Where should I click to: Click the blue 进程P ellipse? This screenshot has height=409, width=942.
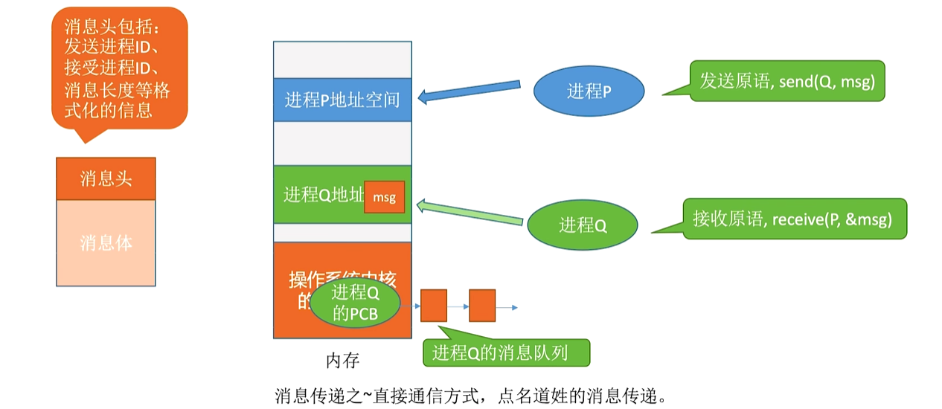(589, 91)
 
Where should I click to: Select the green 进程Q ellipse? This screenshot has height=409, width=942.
(583, 225)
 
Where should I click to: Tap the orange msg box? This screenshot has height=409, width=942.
(384, 198)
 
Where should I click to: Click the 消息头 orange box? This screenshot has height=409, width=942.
(106, 178)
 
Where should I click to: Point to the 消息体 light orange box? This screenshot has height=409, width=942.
(106, 243)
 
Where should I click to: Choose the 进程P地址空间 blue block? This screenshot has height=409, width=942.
(342, 100)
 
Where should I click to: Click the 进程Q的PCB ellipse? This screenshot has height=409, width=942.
(355, 303)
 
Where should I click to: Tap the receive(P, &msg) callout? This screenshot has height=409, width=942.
(794, 219)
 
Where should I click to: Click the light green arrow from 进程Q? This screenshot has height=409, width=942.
(469, 211)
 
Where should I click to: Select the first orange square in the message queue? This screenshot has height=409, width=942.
(433, 306)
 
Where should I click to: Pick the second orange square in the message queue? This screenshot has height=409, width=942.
(482, 306)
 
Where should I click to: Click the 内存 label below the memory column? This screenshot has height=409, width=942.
(342, 361)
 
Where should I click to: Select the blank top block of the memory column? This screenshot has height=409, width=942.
(342, 59)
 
